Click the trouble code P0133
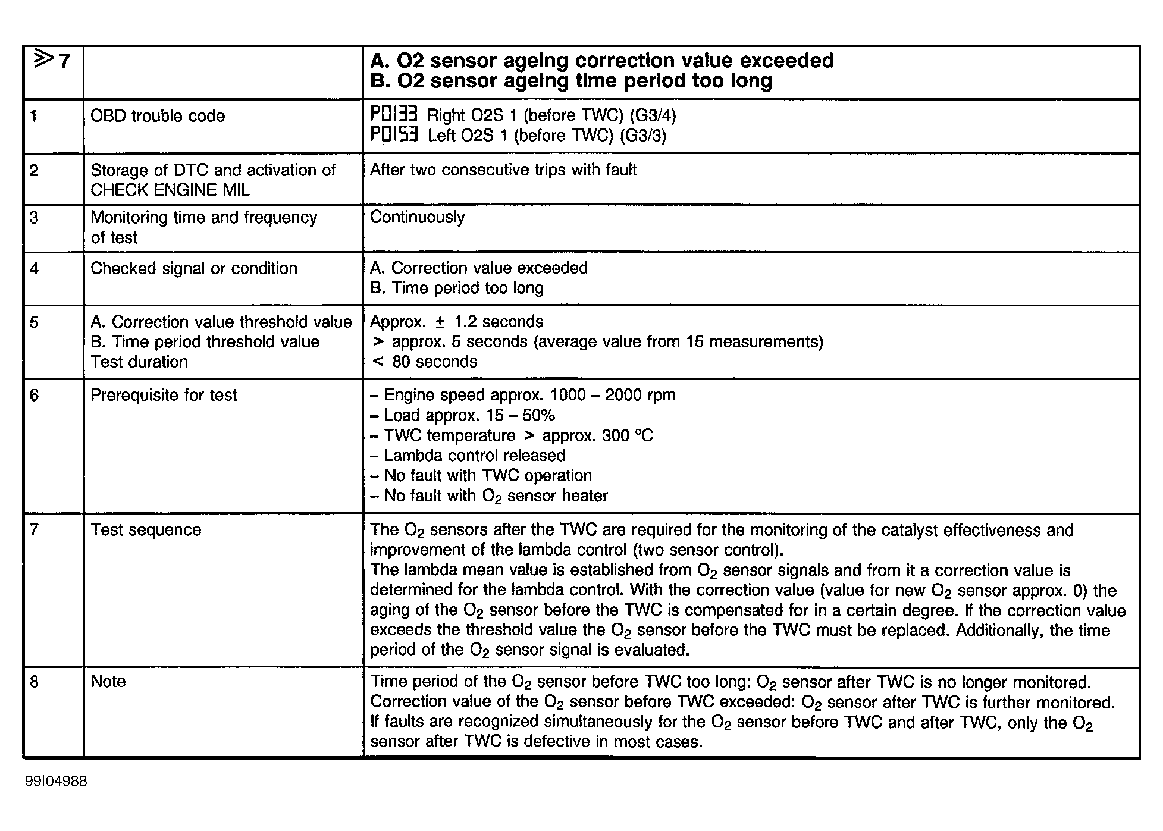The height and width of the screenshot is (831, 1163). [394, 114]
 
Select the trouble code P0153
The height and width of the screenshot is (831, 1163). [394, 134]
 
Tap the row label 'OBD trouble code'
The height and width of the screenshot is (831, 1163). [158, 115]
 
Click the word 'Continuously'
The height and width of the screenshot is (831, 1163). [417, 217]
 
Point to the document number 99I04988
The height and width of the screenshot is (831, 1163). [56, 781]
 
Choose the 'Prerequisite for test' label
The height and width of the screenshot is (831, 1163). [164, 395]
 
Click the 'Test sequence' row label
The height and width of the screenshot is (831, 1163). [146, 529]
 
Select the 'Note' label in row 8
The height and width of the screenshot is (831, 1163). [108, 681]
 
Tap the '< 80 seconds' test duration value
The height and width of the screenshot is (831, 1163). [424, 362]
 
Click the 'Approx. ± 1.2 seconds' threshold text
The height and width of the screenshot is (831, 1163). [456, 322]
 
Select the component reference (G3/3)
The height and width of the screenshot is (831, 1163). [642, 135]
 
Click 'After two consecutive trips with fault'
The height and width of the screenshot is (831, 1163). [503, 170]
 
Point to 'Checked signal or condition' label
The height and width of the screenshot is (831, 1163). [193, 268]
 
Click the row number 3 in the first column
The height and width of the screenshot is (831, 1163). [35, 217]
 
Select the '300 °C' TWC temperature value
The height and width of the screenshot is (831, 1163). [627, 435]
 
